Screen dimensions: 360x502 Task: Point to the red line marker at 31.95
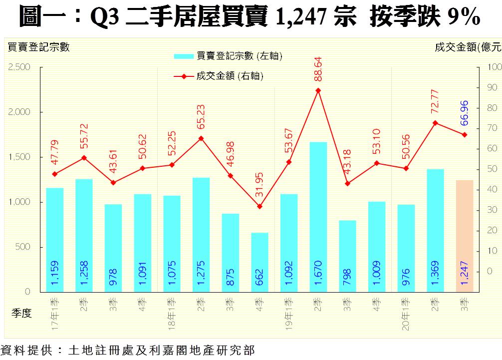pyautogui.click(x=259, y=206)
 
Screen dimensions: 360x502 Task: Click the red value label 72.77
pyautogui.click(x=435, y=100)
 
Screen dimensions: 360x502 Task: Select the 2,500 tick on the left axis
pyautogui.click(x=19, y=67)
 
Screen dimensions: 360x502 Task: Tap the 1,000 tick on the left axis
pyautogui.click(x=19, y=202)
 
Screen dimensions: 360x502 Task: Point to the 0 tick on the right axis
pyautogui.click(x=490, y=271)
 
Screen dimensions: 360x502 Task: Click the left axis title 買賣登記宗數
pyautogui.click(x=38, y=47)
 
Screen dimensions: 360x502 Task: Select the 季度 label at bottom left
pyautogui.click(x=21, y=313)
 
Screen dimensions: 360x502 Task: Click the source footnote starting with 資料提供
pyautogui.click(x=128, y=350)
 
